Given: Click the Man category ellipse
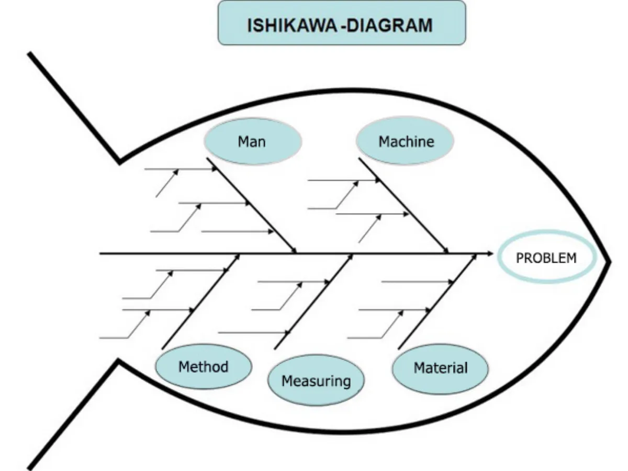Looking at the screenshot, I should [252, 142].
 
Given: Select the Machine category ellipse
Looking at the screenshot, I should [406, 142].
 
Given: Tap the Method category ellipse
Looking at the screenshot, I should [204, 367].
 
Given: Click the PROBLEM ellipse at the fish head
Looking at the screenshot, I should [546, 258].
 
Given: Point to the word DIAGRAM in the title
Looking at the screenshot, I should [389, 25].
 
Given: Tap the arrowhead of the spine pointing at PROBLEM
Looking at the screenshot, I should [489, 254].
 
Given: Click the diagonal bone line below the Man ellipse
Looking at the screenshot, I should [251, 205].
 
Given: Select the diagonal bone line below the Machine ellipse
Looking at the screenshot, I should [403, 205].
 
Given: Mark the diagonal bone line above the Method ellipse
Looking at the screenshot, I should [201, 301].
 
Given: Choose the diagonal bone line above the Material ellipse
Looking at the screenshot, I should [437, 301].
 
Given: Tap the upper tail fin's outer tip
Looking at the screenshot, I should [30, 54].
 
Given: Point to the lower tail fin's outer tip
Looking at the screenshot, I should [30, 467].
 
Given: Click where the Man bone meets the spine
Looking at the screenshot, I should [296, 254].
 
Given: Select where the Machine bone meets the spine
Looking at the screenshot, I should [448, 254].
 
